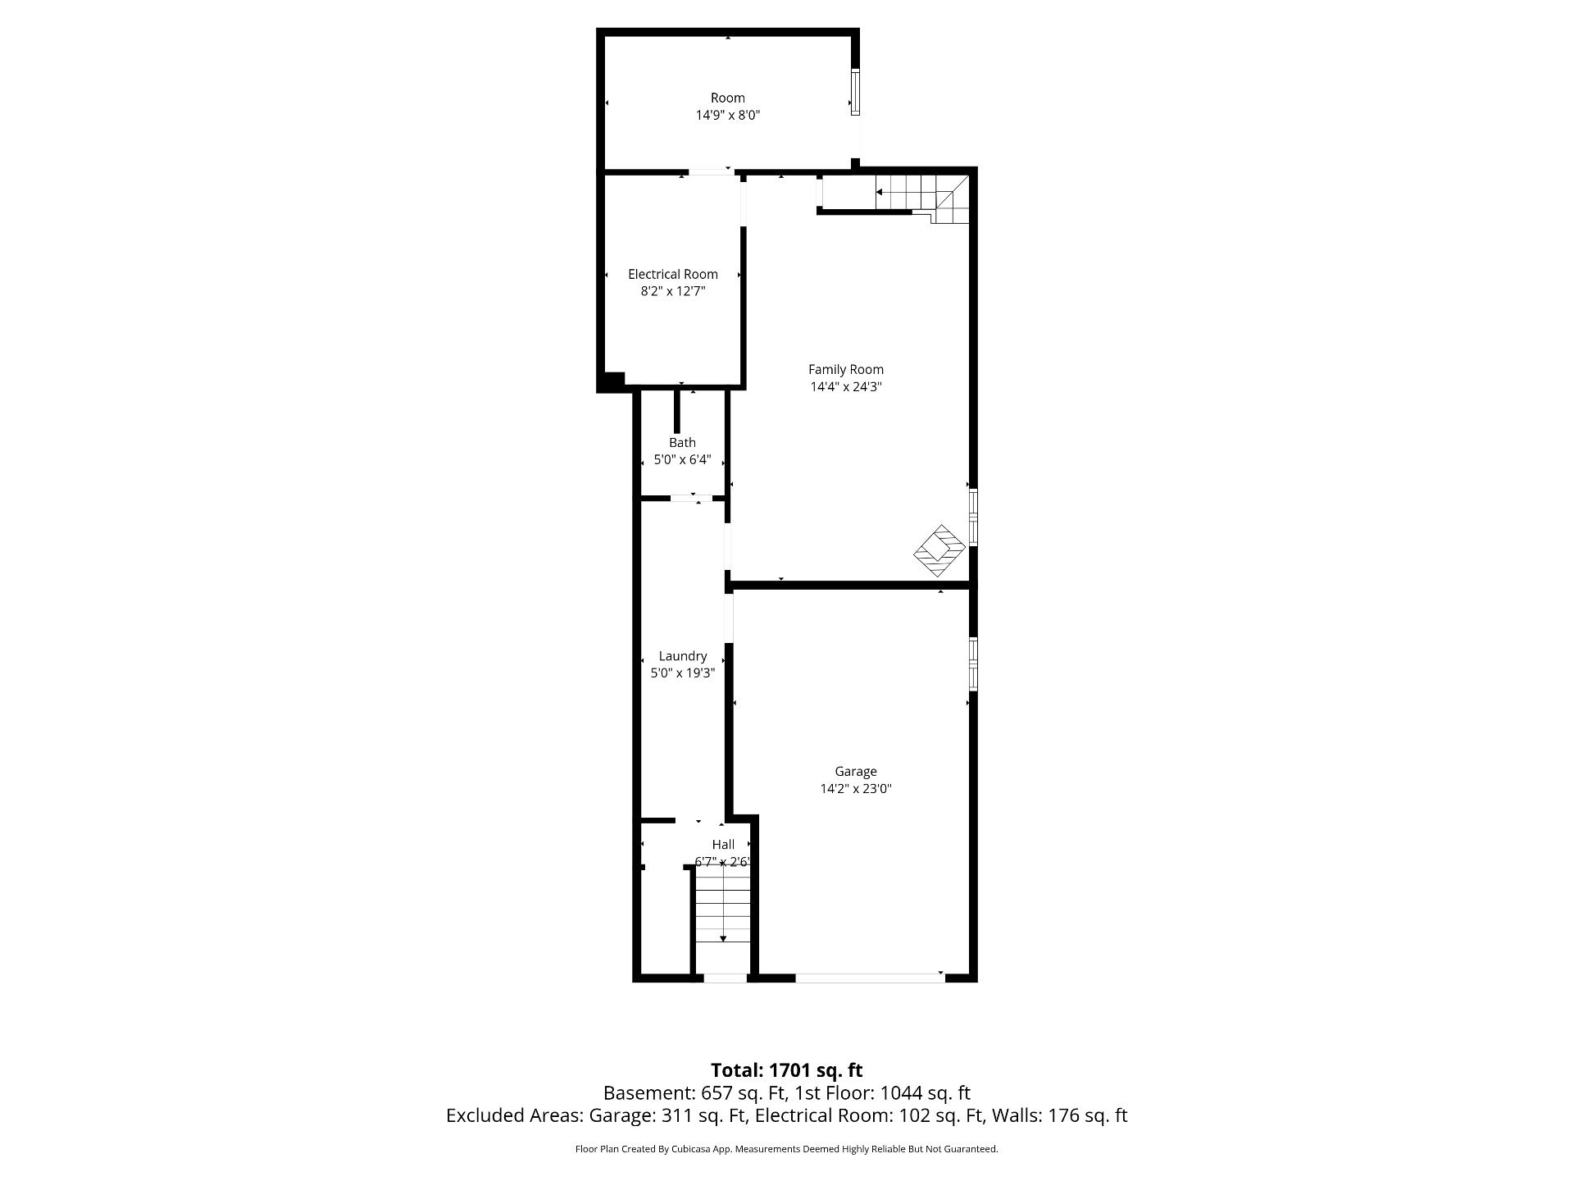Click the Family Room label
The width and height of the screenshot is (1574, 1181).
click(846, 369)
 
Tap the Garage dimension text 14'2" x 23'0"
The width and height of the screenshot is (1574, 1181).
click(856, 789)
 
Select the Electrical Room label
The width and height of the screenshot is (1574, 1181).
click(673, 274)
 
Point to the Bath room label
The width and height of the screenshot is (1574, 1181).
click(682, 442)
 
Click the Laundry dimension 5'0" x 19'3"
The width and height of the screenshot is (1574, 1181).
click(683, 673)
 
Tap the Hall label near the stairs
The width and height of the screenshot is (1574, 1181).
click(723, 844)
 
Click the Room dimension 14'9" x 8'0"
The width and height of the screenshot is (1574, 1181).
click(728, 116)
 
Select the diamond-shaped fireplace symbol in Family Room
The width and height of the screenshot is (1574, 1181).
click(939, 550)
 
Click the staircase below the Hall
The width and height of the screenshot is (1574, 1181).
click(722, 918)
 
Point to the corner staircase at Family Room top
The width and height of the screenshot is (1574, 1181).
click(922, 198)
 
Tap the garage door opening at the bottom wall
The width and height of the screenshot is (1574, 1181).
click(869, 977)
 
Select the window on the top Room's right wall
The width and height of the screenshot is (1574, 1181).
click(855, 92)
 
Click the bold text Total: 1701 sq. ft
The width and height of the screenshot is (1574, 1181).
click(787, 1069)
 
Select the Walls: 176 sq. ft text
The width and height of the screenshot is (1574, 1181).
click(1060, 1115)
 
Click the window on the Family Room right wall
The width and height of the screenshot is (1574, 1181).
click(973, 518)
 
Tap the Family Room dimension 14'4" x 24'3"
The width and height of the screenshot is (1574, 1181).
click(846, 387)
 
